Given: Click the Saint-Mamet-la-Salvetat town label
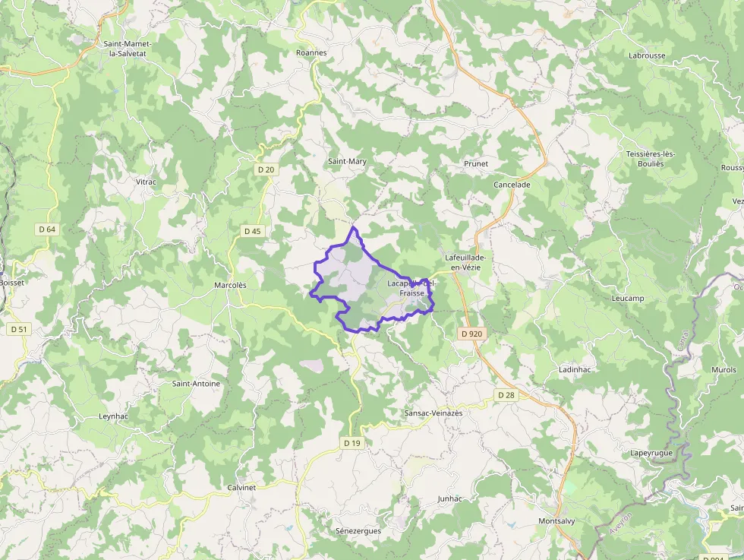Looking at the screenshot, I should pyautogui.click(x=128, y=49).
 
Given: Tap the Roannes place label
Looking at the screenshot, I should pyautogui.click(x=311, y=53).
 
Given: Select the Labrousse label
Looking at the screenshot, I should pyautogui.click(x=647, y=55).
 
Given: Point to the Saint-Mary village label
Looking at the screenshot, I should pyautogui.click(x=347, y=162).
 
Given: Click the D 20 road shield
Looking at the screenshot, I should pyautogui.click(x=266, y=169).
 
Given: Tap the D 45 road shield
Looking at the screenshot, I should pyautogui.click(x=253, y=231).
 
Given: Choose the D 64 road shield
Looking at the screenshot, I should pyautogui.click(x=46, y=229).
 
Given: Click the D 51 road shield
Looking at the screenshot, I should pyautogui.click(x=19, y=330).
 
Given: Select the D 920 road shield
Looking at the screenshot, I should pyautogui.click(x=471, y=334).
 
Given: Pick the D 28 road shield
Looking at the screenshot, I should pyautogui.click(x=506, y=395).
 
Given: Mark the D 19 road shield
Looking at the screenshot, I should pyautogui.click(x=352, y=443).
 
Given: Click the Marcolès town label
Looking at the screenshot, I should pyautogui.click(x=230, y=285).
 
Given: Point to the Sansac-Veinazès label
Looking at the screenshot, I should pyautogui.click(x=433, y=413).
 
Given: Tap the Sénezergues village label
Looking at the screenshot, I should pyautogui.click(x=358, y=530).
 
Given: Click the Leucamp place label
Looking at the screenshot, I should pyautogui.click(x=627, y=299).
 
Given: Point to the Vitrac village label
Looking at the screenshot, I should pyautogui.click(x=145, y=182).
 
